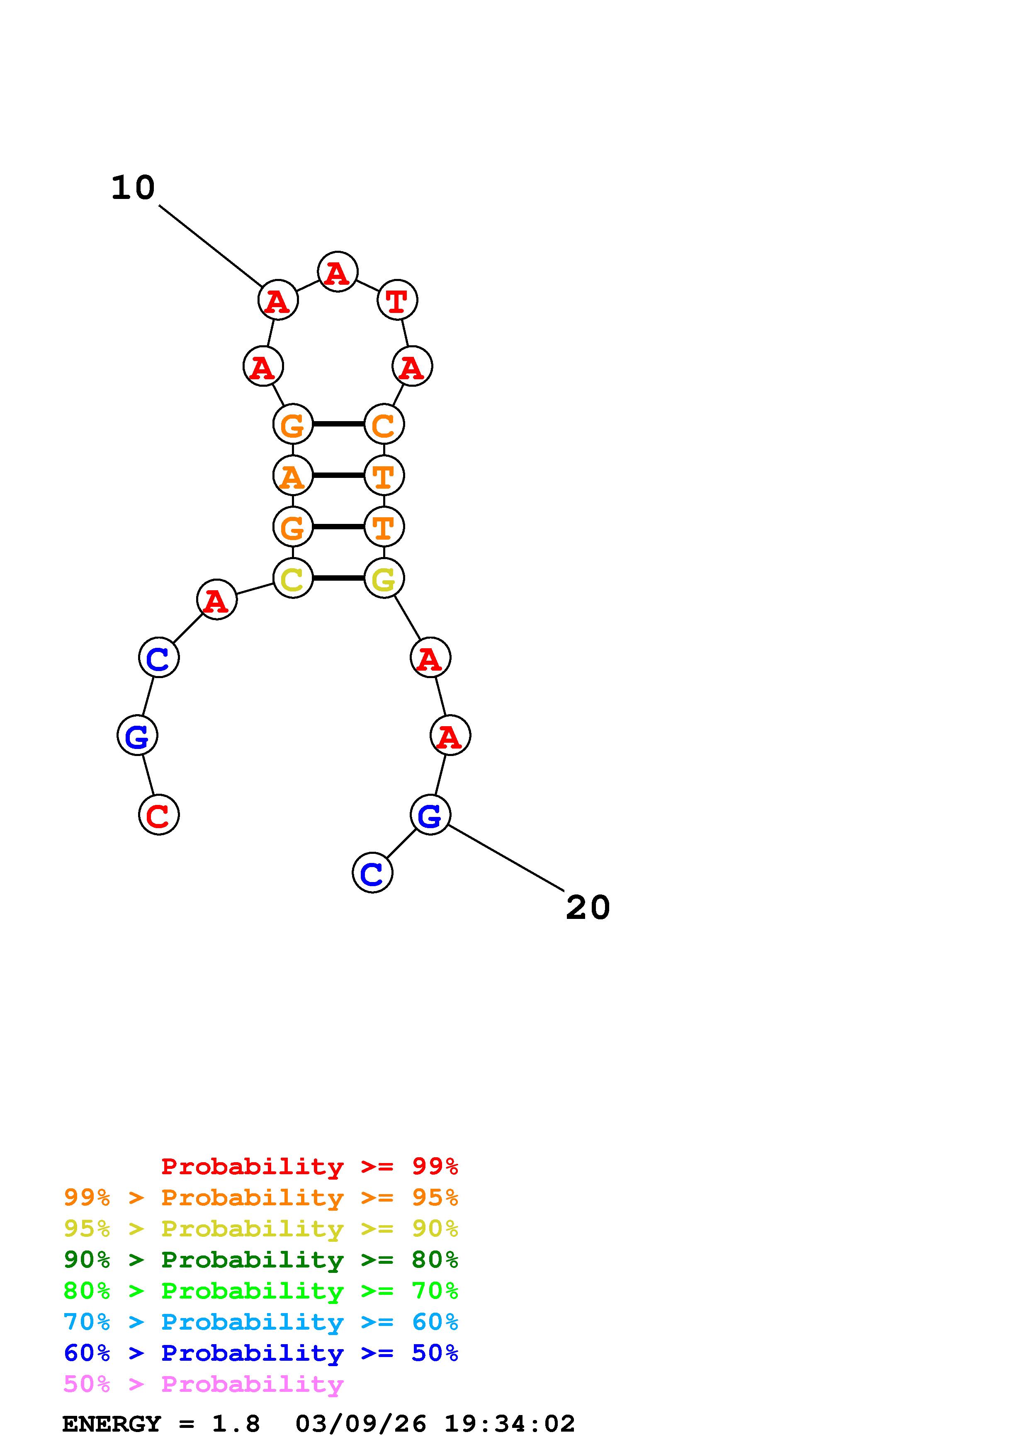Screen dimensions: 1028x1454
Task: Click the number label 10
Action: [x=133, y=188]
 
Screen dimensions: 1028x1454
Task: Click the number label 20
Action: [x=587, y=907]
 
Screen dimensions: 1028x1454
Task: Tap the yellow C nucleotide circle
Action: [x=293, y=578]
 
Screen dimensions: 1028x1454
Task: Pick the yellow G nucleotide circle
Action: [x=384, y=578]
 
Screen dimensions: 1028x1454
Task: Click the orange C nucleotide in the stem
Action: [x=384, y=424]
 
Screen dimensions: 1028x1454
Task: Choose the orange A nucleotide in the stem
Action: [x=293, y=475]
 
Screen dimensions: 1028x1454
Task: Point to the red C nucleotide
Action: [x=159, y=815]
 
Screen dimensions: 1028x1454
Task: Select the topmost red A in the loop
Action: [x=338, y=272]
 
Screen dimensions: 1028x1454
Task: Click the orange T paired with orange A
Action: [x=384, y=475]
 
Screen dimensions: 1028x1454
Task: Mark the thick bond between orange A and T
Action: [x=338, y=475]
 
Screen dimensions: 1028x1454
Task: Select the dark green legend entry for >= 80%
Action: [x=261, y=1260]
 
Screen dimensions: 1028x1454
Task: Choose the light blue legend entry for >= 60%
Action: [x=261, y=1322]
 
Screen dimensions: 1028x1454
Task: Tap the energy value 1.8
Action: [x=236, y=1424]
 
